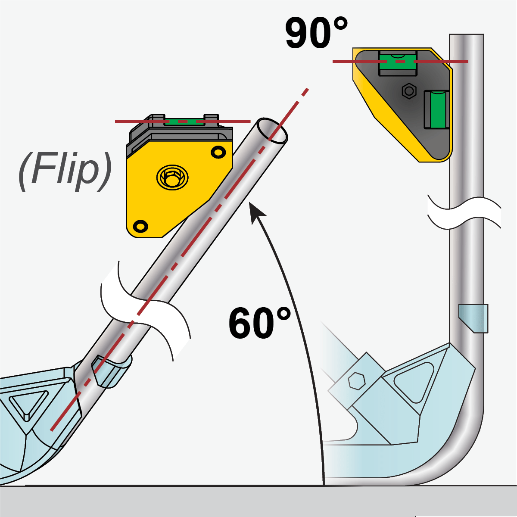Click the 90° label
(x=316, y=33)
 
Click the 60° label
(x=259, y=323)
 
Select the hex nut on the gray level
(x=409, y=91)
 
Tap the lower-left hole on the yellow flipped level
(x=140, y=226)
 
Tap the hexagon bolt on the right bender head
(x=356, y=381)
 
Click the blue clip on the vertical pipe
(x=474, y=318)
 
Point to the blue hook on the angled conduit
(x=110, y=371)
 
